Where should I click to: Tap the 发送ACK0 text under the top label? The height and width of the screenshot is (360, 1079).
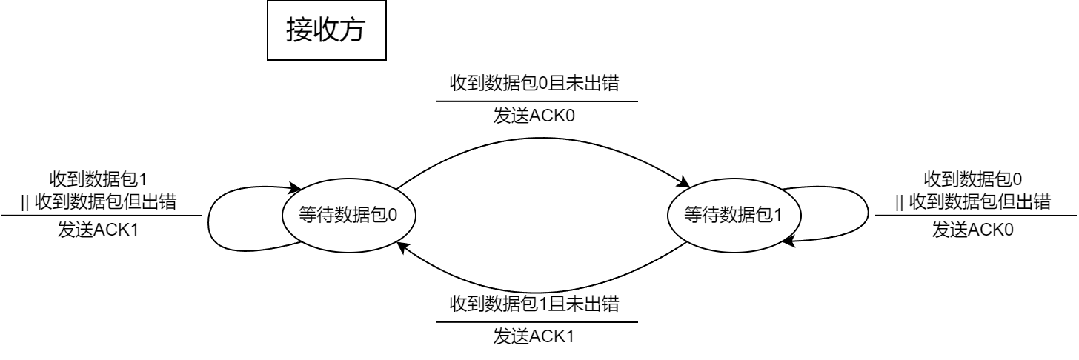pyautogui.click(x=534, y=117)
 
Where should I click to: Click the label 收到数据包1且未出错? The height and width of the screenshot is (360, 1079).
pyautogui.click(x=534, y=304)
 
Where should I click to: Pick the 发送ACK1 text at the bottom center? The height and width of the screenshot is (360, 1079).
pyautogui.click(x=534, y=337)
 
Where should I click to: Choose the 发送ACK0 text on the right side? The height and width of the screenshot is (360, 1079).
pyautogui.click(x=972, y=230)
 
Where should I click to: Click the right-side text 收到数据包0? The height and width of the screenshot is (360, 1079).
pyautogui.click(x=972, y=180)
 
